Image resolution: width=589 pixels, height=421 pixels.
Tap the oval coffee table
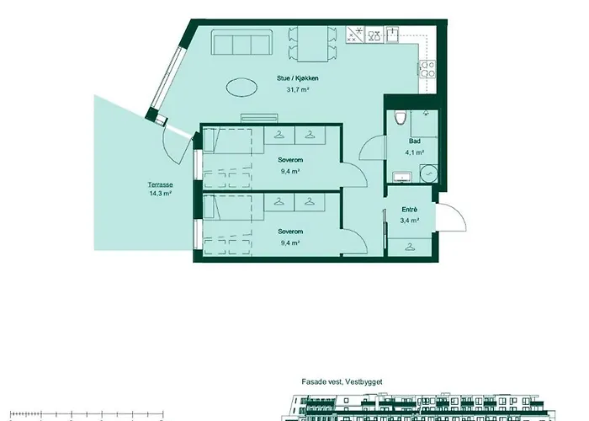(x=243, y=87)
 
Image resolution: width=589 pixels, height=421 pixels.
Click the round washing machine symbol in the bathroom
(x=429, y=173)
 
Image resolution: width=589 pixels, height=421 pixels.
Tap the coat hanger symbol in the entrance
(x=410, y=247)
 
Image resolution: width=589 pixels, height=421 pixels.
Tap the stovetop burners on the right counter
(x=425, y=69)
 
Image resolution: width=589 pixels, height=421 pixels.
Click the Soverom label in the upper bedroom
(x=289, y=160)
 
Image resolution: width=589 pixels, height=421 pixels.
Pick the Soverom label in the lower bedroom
(x=289, y=232)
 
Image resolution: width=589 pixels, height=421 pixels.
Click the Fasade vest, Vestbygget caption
(x=342, y=381)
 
